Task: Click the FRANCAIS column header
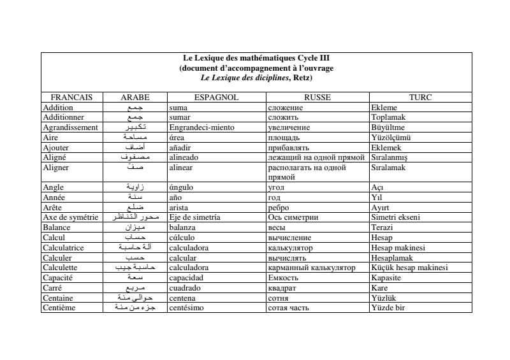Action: (x=71, y=98)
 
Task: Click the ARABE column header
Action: (x=135, y=98)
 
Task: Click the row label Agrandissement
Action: (x=69, y=127)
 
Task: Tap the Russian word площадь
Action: (x=285, y=137)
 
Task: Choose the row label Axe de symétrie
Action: (x=71, y=217)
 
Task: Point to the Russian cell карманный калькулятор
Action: (x=312, y=268)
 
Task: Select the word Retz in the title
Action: (x=300, y=78)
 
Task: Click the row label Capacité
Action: (x=59, y=278)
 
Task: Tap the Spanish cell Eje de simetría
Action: (x=194, y=217)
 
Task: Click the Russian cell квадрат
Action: (x=283, y=288)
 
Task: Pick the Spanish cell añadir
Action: (x=181, y=147)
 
